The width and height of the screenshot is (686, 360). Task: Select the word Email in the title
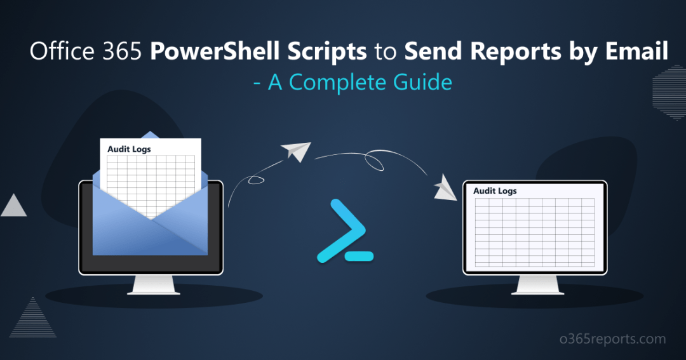(638, 53)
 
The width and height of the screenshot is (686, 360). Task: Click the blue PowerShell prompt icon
(344, 231)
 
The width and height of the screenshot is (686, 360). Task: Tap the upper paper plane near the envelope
(297, 152)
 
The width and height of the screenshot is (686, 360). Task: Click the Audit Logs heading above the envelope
(129, 149)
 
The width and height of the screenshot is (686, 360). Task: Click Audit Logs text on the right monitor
(495, 190)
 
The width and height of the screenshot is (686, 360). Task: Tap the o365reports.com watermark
(617, 340)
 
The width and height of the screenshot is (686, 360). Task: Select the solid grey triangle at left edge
(13, 206)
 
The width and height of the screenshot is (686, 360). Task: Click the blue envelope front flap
(150, 232)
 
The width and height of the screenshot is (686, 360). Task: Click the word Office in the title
(61, 53)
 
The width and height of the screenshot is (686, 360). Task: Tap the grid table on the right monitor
(534, 232)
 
